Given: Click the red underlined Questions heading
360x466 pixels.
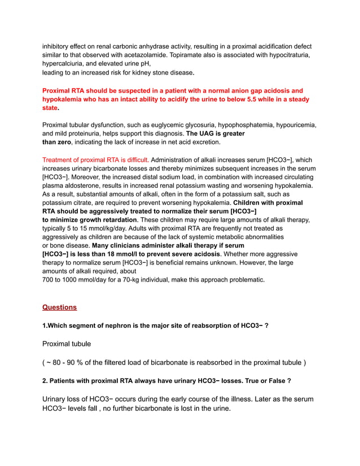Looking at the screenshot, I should [x=59, y=307].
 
